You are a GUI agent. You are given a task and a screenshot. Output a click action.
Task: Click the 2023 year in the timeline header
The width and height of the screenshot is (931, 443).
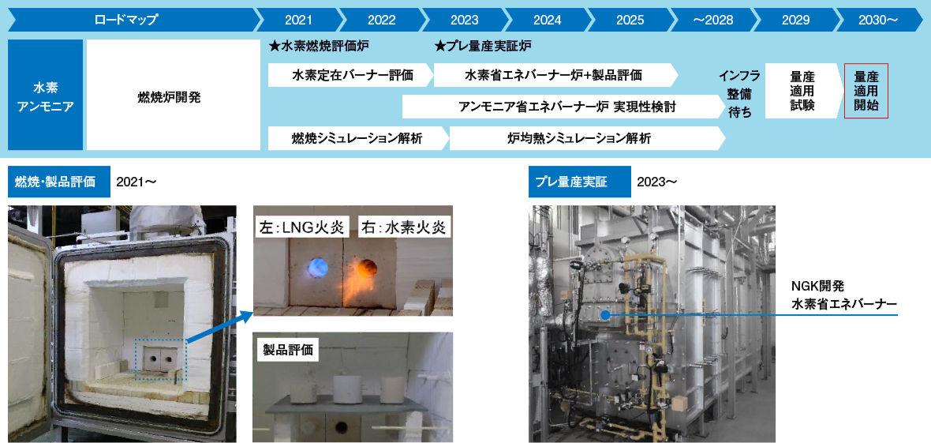[x=465, y=20]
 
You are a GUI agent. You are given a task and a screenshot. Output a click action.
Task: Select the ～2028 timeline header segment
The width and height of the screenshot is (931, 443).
[x=713, y=20]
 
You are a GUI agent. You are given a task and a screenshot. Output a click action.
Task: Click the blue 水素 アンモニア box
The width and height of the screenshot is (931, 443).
[x=45, y=95]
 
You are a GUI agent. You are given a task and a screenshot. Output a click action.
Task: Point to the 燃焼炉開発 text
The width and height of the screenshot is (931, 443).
[x=174, y=98]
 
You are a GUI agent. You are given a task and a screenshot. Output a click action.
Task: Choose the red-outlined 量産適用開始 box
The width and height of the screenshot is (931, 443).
[x=866, y=91]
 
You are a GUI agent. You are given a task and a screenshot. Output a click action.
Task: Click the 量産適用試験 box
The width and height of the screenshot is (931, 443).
[x=802, y=91]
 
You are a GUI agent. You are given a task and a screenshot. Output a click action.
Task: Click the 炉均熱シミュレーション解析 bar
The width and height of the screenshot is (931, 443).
[x=585, y=138]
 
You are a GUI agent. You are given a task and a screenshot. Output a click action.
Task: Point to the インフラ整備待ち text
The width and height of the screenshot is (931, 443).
[x=739, y=94]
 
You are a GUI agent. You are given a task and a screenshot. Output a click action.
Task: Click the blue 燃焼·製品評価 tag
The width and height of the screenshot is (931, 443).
[x=55, y=182]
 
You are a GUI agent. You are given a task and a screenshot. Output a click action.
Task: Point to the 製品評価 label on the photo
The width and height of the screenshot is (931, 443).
[x=289, y=350]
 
